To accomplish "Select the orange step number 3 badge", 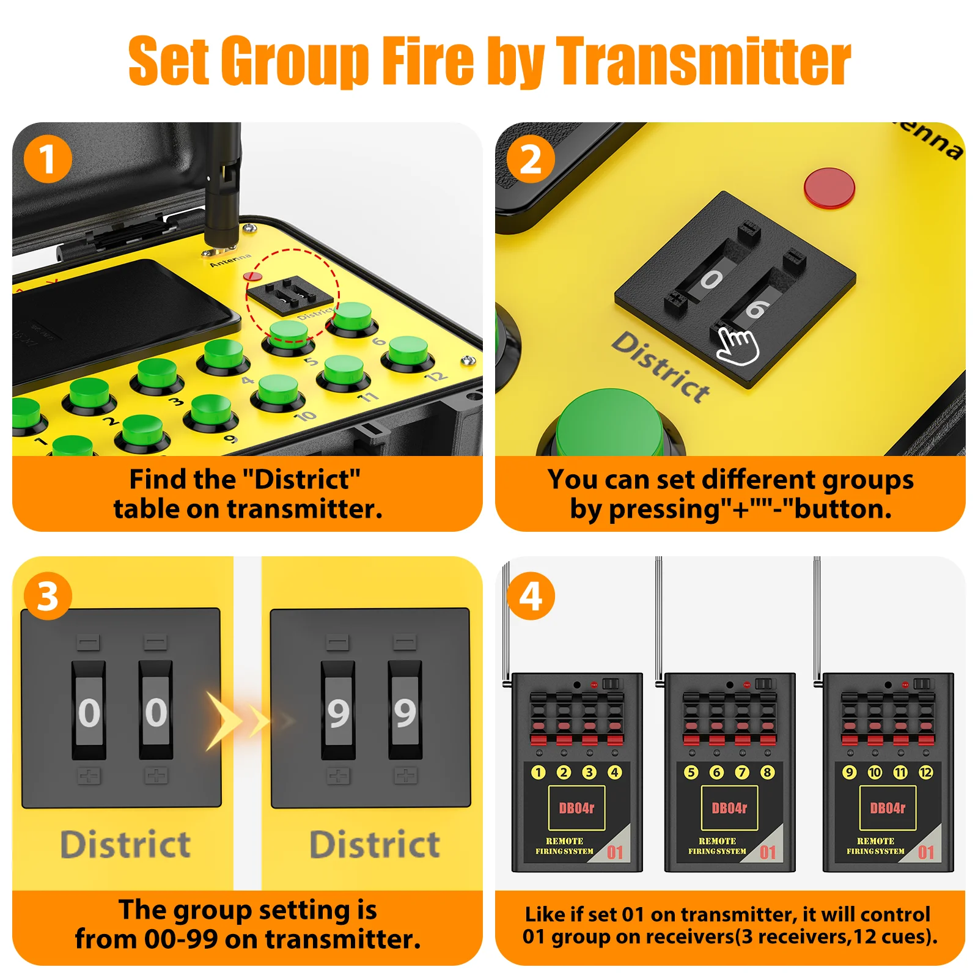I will pos(48,596).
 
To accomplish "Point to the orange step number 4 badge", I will pos(531,596).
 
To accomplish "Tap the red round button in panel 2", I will pos(829,188).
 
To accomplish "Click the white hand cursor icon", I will pos(738,346).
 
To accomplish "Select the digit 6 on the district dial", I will pos(756,309).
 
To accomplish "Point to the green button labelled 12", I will pos(408,353).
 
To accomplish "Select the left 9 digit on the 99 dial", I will pos(338,713).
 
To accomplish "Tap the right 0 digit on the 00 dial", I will pos(156,713).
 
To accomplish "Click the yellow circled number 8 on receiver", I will pos(768,772).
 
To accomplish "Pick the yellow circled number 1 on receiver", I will pos(538,772).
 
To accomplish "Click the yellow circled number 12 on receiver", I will pos(926,772).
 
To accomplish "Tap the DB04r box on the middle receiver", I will pos(729,808).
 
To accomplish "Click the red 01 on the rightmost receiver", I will pos(925,852).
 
